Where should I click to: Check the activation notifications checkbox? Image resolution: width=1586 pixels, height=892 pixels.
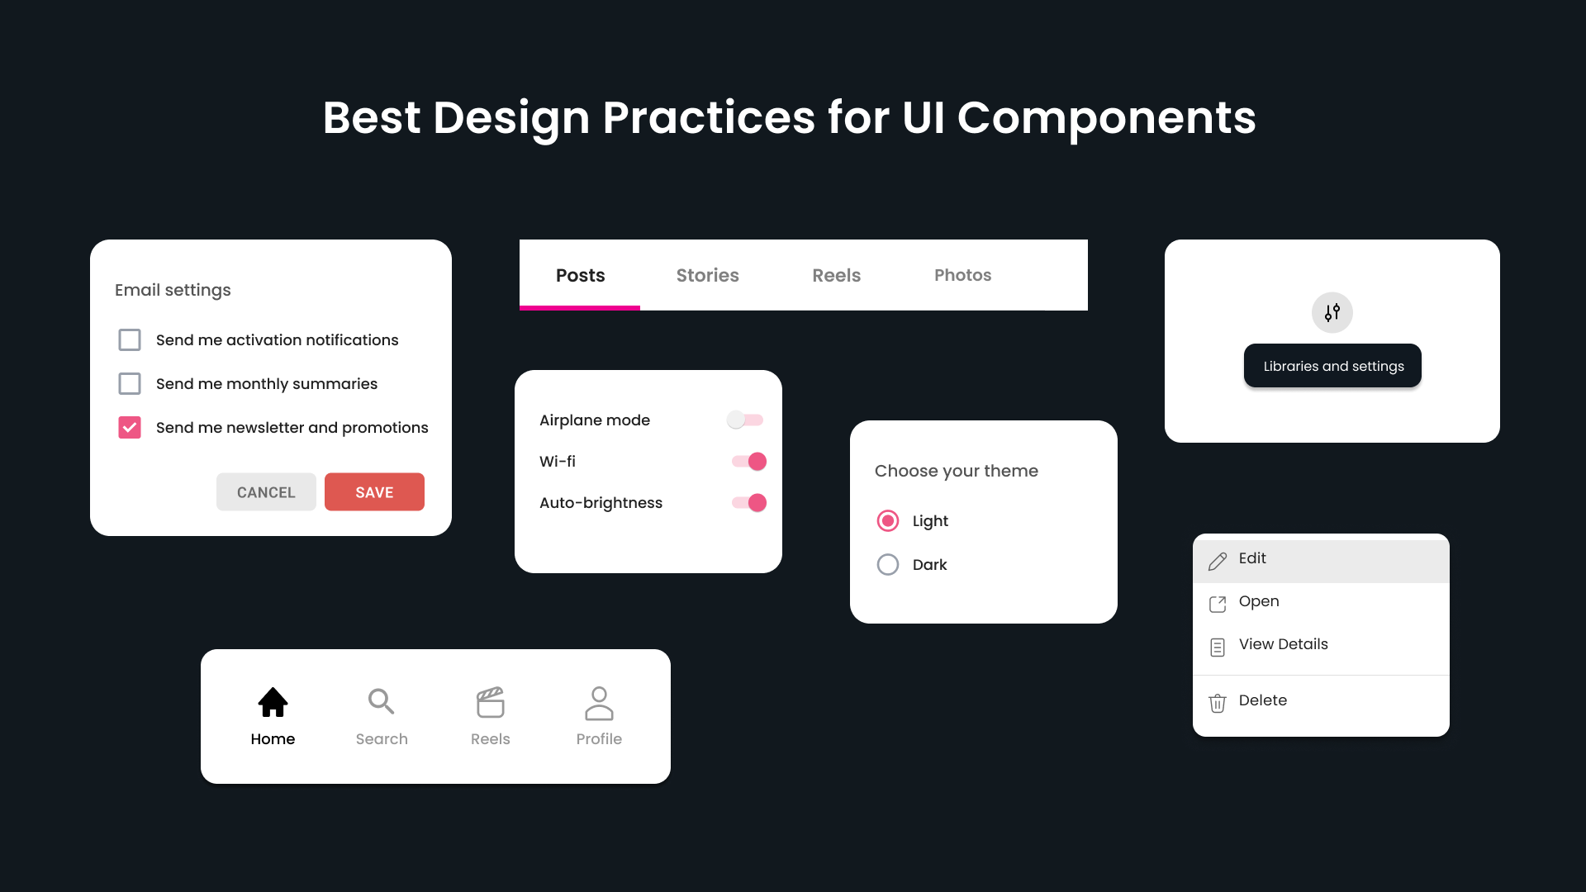click(x=130, y=340)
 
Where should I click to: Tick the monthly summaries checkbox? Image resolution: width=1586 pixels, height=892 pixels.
click(x=130, y=384)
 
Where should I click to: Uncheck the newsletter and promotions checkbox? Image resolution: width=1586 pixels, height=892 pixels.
click(x=130, y=428)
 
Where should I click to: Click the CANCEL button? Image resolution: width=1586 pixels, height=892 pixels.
click(x=266, y=492)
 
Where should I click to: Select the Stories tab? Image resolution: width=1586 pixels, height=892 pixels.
click(x=707, y=276)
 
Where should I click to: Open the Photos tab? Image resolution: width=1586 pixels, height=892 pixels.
click(x=962, y=276)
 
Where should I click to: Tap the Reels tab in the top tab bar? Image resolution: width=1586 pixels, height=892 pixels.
click(x=836, y=276)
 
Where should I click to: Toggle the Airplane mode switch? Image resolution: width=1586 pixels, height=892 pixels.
click(x=745, y=420)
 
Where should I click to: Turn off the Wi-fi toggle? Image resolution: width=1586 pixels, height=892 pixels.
click(x=749, y=462)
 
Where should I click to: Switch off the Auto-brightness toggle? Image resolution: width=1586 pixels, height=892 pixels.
click(x=749, y=503)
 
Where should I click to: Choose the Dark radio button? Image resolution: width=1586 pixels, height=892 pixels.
click(x=888, y=565)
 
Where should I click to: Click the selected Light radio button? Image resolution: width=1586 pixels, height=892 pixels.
click(x=888, y=521)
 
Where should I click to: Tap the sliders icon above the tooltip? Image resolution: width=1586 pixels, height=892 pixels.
click(x=1332, y=313)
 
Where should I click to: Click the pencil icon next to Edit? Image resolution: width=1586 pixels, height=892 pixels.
click(x=1218, y=562)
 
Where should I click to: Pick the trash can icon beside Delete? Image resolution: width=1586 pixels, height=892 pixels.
click(x=1218, y=703)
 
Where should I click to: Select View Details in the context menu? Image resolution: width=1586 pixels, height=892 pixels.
click(x=1283, y=645)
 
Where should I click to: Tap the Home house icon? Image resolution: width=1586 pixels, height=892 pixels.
click(x=273, y=703)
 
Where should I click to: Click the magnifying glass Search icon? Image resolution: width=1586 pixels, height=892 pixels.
click(x=381, y=701)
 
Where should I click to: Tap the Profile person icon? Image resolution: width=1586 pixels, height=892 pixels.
click(x=599, y=704)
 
